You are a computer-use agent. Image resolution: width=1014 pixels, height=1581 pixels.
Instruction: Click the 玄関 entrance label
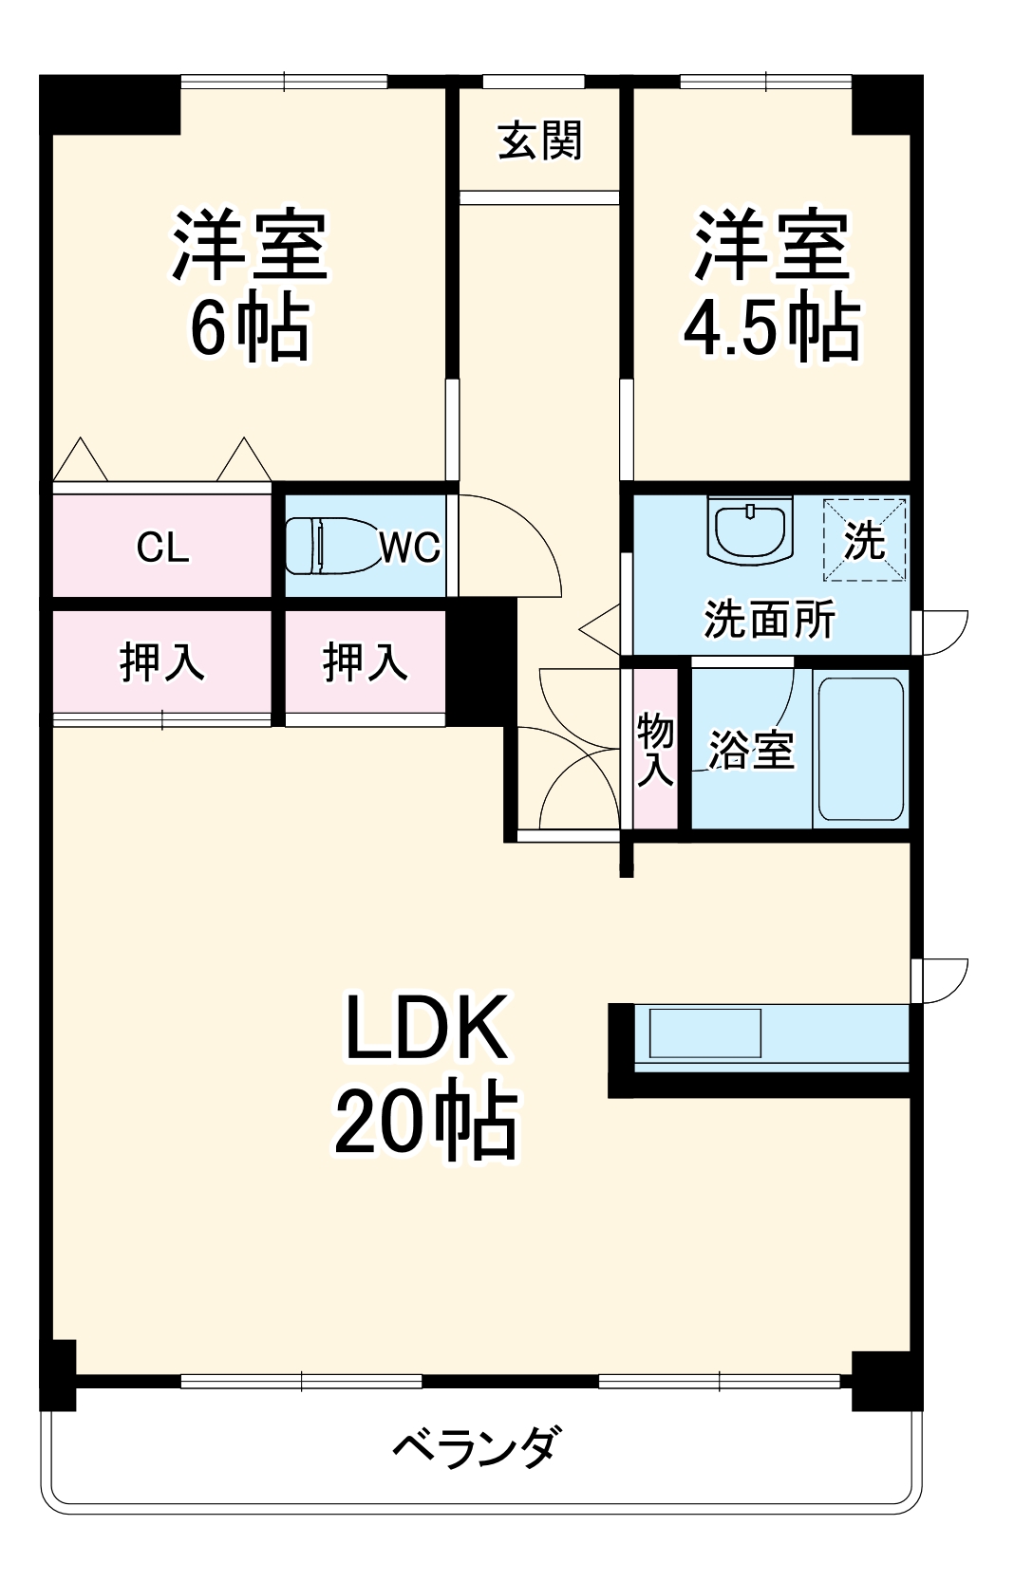539,141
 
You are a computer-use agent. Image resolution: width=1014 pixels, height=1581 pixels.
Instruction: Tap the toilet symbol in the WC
328,546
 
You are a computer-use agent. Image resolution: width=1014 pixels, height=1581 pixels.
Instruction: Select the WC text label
409,548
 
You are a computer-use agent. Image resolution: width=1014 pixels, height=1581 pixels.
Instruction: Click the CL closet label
162,548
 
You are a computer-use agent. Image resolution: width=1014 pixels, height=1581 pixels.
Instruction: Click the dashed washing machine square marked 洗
864,540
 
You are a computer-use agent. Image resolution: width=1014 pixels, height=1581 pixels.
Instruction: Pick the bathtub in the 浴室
860,749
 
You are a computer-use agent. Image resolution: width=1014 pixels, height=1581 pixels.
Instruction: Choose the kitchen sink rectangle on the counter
704,1033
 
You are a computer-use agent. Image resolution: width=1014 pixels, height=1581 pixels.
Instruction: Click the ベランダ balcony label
477,1447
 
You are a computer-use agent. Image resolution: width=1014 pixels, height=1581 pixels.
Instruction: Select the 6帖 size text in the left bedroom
250,327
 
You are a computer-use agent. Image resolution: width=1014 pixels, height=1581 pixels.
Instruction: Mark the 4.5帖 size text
771,327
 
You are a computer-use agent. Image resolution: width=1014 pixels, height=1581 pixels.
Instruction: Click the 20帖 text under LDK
425,1121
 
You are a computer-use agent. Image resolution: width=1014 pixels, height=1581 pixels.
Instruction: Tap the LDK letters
425,1027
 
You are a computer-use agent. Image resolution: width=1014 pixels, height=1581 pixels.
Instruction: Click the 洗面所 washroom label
769,620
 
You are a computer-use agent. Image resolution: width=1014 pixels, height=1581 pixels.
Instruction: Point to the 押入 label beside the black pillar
365,661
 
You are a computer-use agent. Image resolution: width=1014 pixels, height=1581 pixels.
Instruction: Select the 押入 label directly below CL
161,661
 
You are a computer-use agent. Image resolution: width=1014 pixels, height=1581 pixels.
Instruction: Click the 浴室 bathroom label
751,751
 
